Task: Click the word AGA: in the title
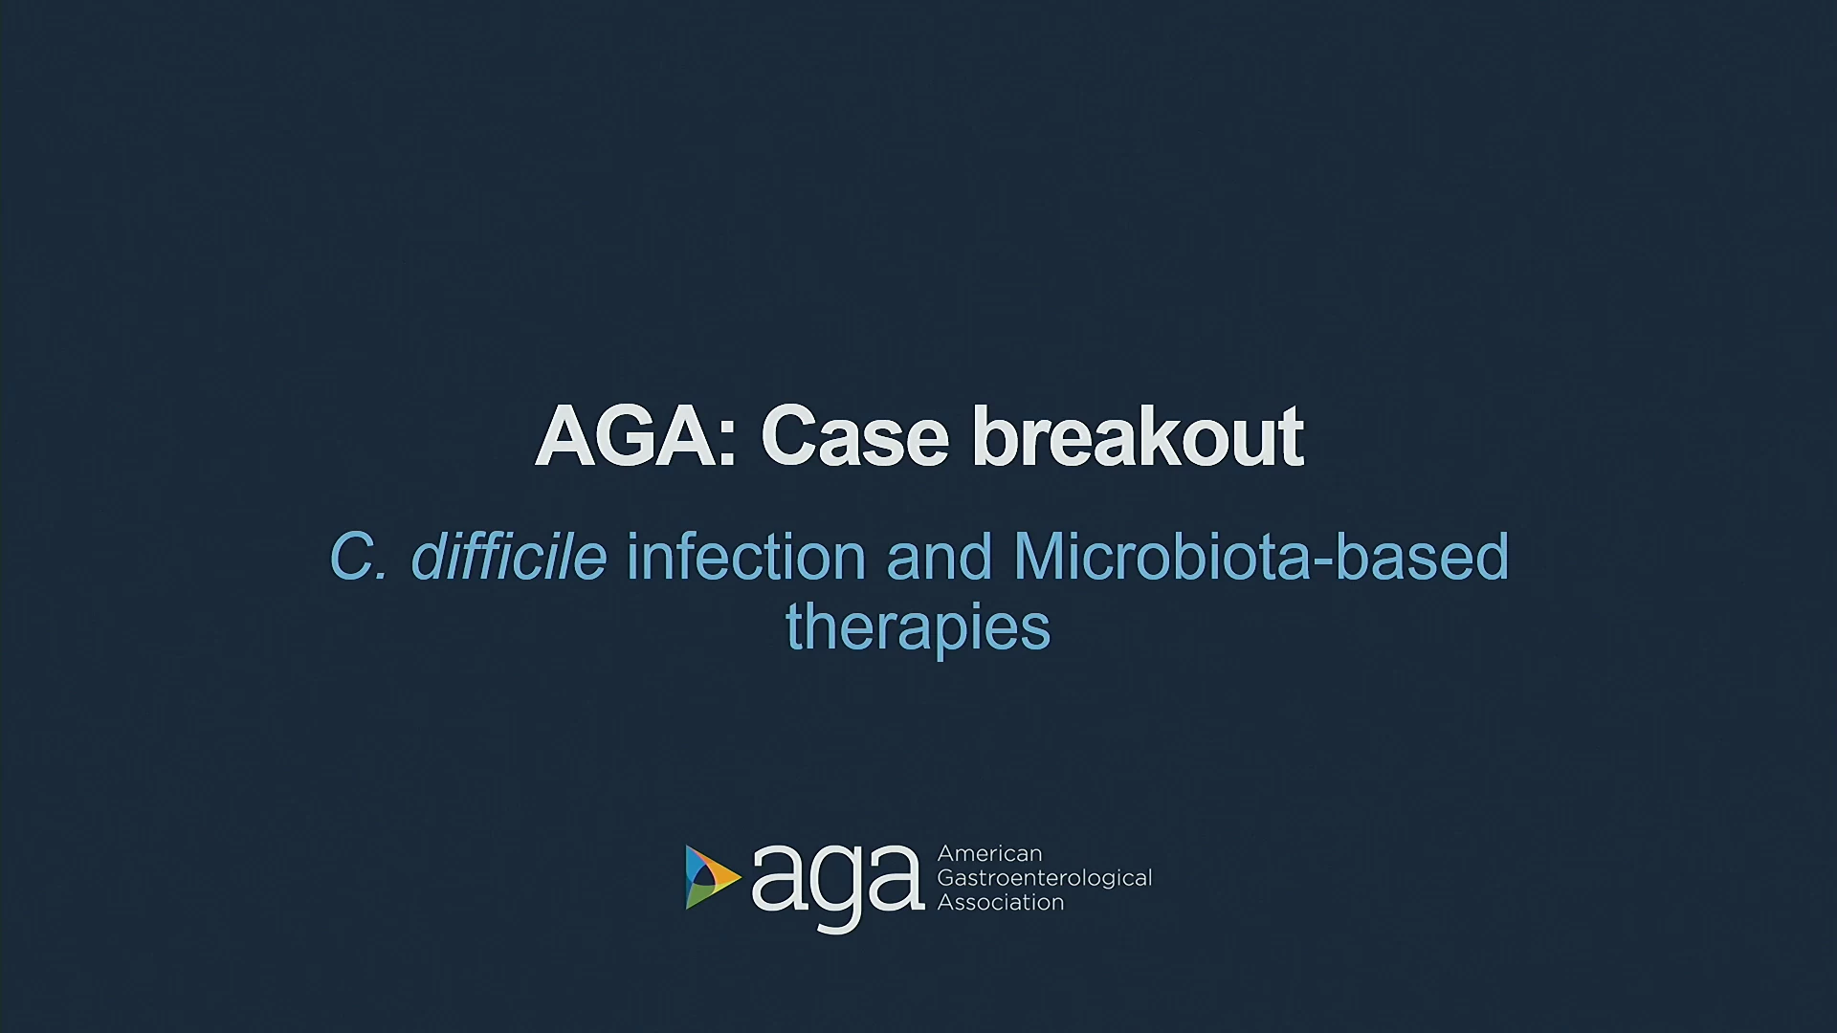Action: [635, 436]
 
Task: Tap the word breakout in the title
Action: [1138, 436]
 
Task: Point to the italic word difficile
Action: [508, 556]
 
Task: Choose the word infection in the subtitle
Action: [745, 556]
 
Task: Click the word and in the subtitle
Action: [940, 556]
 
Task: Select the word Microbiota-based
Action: [1261, 556]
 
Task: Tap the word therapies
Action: [918, 629]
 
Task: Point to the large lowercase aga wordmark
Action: [838, 887]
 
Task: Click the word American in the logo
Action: [989, 853]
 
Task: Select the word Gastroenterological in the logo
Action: [1045, 879]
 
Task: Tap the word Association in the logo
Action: [1001, 902]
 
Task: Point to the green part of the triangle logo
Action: [700, 895]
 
